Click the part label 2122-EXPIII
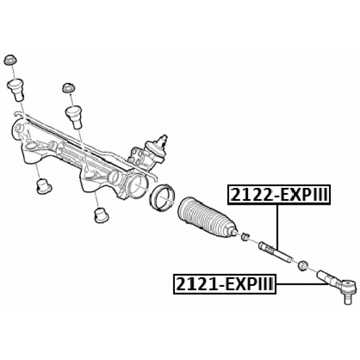pyautogui.click(x=277, y=195)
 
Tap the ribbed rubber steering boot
pyautogui.click(x=206, y=220)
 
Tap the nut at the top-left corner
pyautogui.click(x=10, y=60)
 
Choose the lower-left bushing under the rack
pyautogui.click(x=44, y=186)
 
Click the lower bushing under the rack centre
pyautogui.click(x=100, y=214)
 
